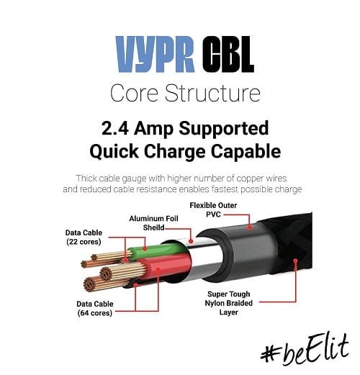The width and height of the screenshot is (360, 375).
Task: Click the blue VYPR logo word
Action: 155,54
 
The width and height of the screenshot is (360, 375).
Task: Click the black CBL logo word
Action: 228,54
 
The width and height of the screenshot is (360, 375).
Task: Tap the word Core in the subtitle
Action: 134,93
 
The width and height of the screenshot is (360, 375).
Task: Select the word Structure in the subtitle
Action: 212,93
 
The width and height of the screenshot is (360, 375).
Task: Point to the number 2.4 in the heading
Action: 115,128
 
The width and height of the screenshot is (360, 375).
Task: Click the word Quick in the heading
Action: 114,152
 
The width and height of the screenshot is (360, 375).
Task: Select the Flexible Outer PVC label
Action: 213,209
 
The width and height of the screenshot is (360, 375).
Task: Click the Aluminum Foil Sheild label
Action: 153,223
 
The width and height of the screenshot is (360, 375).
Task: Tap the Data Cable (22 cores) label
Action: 84,237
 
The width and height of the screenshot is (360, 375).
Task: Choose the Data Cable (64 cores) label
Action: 95,308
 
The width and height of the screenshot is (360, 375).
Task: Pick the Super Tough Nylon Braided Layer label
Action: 228,303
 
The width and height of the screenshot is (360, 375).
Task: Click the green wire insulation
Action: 156,250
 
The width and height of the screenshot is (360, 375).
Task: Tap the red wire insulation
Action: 166,267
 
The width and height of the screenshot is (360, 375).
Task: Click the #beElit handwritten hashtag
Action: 305,351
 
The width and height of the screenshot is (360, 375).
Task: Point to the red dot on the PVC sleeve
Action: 250,227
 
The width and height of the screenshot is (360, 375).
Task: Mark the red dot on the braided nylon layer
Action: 295,261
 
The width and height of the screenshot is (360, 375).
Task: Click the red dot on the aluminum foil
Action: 191,241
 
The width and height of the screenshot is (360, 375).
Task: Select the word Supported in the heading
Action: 224,129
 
